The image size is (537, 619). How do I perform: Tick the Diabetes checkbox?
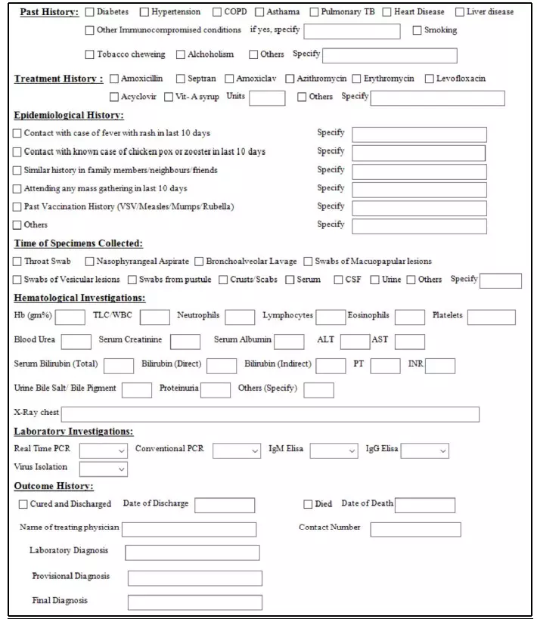tap(90, 12)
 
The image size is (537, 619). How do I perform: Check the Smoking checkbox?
tap(417, 30)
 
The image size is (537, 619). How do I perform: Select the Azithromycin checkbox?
tap(290, 79)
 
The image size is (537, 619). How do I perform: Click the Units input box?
tap(267, 97)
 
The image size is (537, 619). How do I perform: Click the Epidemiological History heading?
tap(69, 116)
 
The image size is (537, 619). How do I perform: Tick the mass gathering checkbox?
tap(17, 189)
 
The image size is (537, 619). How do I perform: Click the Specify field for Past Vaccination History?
tap(419, 208)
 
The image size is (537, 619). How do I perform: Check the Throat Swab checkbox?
tap(17, 262)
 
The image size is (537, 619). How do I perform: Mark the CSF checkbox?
tap(338, 280)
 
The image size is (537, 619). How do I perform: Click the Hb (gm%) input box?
tap(70, 317)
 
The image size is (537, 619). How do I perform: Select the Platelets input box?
tap(491, 317)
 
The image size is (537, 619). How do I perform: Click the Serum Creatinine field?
tap(185, 342)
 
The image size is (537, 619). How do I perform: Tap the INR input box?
tap(439, 366)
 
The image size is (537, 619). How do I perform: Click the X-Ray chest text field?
tap(270, 414)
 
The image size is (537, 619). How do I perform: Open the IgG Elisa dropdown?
tap(424, 450)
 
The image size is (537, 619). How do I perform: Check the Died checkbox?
tap(308, 505)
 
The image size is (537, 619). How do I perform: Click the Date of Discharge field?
tap(225, 505)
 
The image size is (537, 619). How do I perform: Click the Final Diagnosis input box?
tap(194, 602)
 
